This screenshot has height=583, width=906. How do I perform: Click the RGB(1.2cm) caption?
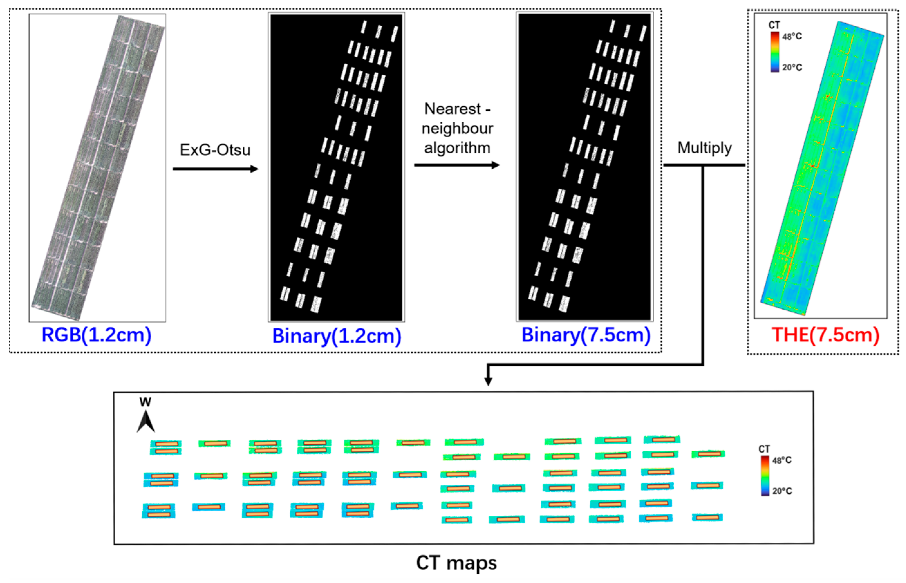[x=96, y=335]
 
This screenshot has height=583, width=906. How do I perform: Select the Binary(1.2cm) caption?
[x=336, y=336]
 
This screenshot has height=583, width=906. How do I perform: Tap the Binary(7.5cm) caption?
[x=585, y=335]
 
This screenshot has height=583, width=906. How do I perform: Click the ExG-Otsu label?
[x=215, y=150]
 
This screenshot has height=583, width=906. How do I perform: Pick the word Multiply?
[x=704, y=148]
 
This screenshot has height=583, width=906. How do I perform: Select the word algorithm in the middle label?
[x=457, y=148]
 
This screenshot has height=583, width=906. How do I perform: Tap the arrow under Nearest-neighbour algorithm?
[x=457, y=165]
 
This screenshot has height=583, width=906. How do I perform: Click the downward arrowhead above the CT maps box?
[x=488, y=381]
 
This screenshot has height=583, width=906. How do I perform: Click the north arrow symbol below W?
[x=146, y=422]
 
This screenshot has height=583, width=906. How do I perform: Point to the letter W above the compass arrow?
[x=145, y=402]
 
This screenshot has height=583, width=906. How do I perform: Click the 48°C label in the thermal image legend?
[x=792, y=37]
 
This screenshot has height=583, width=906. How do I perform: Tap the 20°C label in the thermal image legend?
[x=792, y=67]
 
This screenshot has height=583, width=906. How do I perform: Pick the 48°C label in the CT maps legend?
[x=782, y=460]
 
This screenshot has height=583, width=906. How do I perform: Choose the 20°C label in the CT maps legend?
[x=782, y=491]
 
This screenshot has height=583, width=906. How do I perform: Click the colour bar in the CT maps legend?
[x=765, y=475]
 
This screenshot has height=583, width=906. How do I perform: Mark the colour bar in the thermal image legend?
[x=775, y=52]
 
